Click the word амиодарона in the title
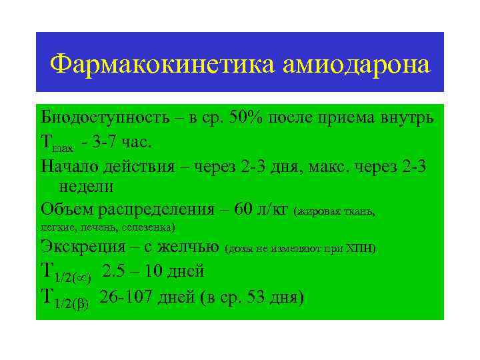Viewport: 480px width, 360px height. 356,65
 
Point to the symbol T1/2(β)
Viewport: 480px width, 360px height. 65,297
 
